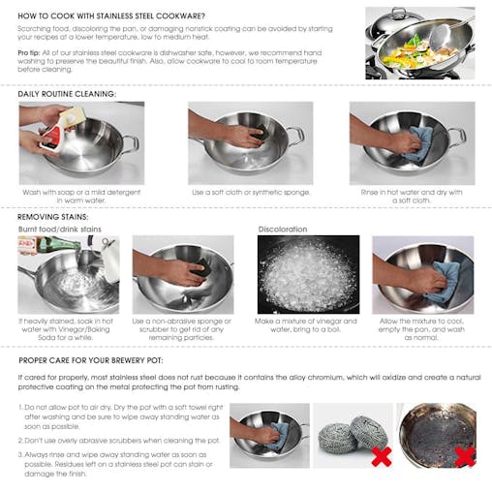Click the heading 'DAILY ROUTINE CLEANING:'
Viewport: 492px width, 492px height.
(x=68, y=94)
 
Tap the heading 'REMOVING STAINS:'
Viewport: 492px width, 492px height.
(x=55, y=216)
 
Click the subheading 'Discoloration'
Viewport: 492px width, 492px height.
(x=283, y=230)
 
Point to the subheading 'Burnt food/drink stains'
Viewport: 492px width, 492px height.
(x=60, y=230)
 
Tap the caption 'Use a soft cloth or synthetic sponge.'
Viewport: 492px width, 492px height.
(x=251, y=192)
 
